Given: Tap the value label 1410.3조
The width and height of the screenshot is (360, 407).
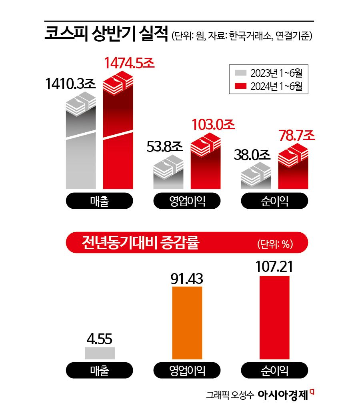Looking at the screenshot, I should [x=70, y=84].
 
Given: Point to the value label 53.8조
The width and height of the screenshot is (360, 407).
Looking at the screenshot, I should [x=165, y=147].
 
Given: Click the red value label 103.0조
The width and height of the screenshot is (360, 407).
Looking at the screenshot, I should [x=212, y=124].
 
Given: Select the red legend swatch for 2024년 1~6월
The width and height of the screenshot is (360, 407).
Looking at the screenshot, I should [x=240, y=85].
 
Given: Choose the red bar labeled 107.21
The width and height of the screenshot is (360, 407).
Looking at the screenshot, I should [x=275, y=317].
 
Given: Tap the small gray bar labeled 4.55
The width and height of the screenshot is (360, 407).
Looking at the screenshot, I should [x=100, y=353].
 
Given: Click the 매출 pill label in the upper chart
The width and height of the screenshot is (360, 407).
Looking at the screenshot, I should [x=100, y=201].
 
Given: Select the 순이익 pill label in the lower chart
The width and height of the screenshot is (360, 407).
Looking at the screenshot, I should [x=275, y=370].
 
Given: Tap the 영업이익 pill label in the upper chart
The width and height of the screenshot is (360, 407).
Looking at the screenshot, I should [x=187, y=201].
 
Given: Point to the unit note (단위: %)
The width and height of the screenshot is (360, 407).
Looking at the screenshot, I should [x=275, y=244].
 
